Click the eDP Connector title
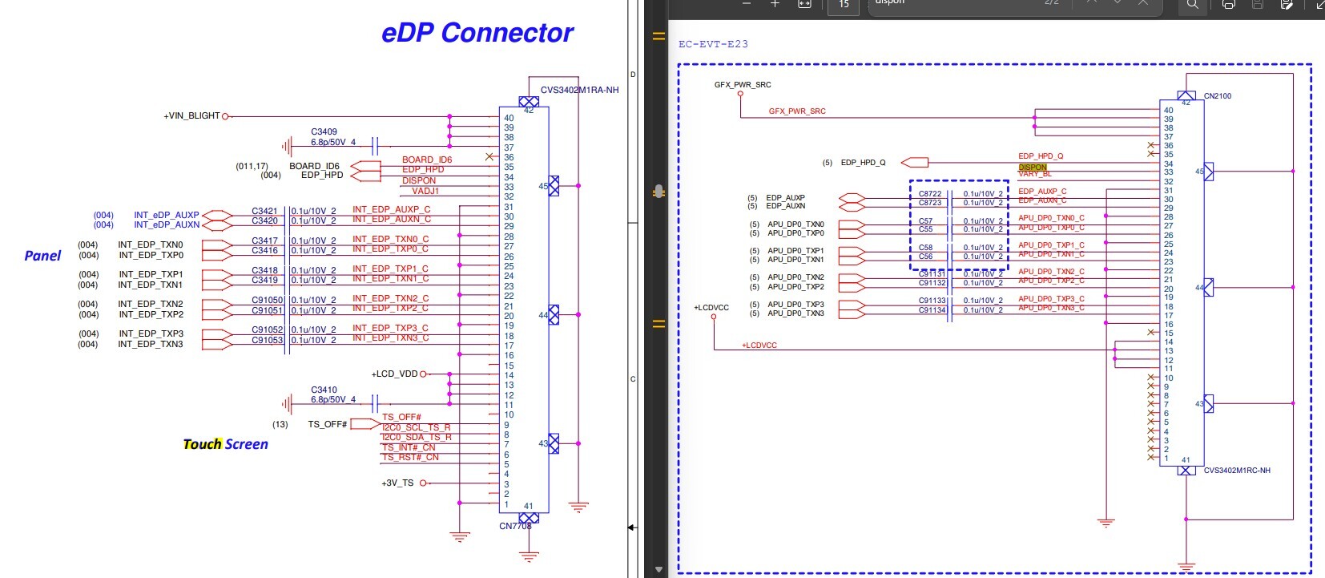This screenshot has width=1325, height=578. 477,33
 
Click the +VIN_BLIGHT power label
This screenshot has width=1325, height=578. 191,116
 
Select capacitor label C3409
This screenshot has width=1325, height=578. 324,131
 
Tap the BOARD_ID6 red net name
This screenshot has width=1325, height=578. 426,160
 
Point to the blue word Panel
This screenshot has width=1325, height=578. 42,256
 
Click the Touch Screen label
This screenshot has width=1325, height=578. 225,444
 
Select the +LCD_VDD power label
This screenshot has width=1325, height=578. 394,374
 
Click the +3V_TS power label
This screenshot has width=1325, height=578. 397,483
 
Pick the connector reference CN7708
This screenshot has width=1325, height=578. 515,526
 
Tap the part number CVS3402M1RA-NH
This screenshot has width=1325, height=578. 579,90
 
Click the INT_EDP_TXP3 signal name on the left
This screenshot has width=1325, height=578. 151,333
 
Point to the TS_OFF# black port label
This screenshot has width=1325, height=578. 327,424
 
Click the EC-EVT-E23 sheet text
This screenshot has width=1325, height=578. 713,44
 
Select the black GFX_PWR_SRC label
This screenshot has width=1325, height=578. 743,84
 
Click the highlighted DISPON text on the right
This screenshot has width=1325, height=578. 1033,168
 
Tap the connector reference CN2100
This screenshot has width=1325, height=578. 1217,96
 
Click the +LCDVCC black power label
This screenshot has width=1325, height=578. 711,307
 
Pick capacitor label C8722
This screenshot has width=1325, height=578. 930,194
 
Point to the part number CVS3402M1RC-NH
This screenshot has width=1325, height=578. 1236,471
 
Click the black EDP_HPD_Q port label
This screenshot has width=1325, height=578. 863,163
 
